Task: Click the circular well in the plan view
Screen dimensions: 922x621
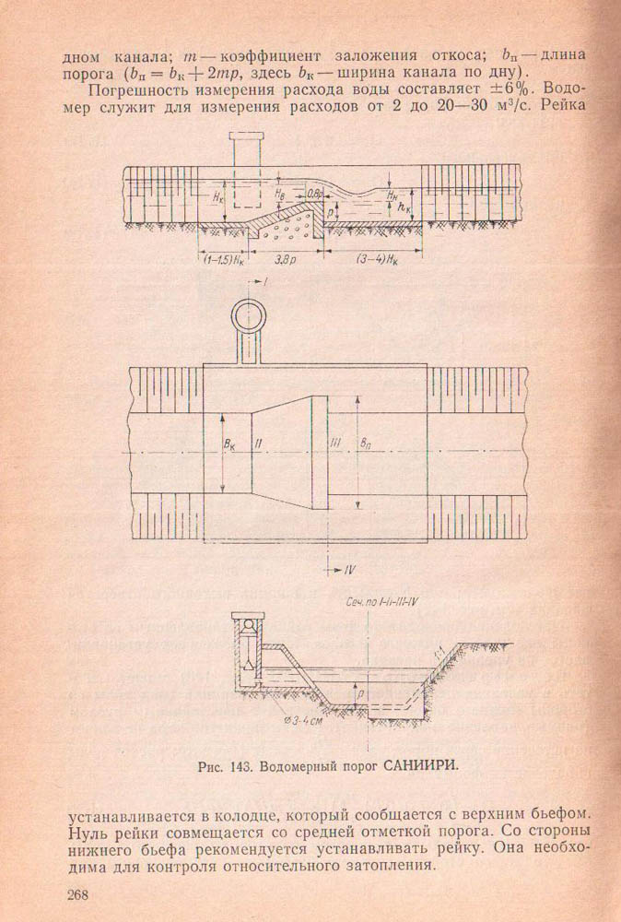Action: coord(249,318)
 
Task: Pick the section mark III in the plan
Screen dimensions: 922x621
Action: coord(335,443)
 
